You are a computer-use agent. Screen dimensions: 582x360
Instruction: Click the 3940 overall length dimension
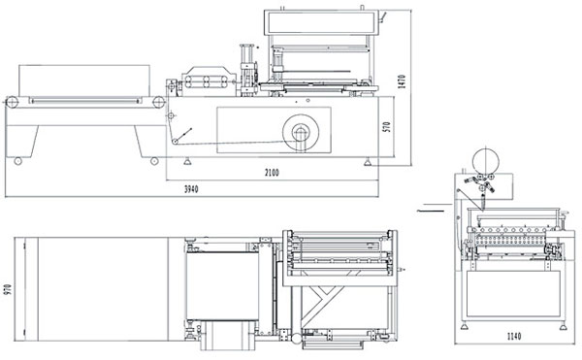[x=191, y=189]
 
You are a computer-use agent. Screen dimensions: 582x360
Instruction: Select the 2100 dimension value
[x=272, y=173]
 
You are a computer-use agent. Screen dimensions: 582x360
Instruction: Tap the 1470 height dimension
[x=402, y=82]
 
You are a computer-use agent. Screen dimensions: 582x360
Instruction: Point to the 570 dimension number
[x=387, y=127]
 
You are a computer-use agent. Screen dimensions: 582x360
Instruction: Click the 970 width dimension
[x=8, y=289]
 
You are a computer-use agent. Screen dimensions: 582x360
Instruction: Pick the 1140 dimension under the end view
[x=514, y=337]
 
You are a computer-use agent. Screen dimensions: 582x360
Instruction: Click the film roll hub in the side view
[x=301, y=133]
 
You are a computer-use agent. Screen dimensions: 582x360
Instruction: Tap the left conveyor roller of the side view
[x=13, y=102]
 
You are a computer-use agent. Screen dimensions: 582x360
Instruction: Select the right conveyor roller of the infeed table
[x=158, y=102]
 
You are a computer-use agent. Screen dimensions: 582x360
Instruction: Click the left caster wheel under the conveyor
[x=17, y=161]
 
